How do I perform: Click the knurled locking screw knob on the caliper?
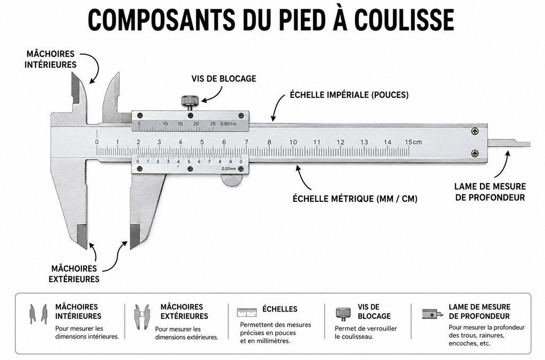(x=189, y=101)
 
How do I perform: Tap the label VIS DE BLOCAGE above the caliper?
(x=224, y=79)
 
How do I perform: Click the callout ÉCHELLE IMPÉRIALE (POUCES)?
(x=349, y=95)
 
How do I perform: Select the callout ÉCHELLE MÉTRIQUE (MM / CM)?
(x=355, y=199)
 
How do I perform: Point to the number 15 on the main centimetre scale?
(x=408, y=142)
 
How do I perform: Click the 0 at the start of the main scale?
(x=97, y=142)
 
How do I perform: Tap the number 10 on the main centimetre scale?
(x=293, y=142)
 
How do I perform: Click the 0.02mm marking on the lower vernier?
(x=229, y=169)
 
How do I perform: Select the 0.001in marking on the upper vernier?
(x=228, y=124)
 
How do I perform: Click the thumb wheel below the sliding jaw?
(x=232, y=179)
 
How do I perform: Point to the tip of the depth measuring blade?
(x=530, y=144)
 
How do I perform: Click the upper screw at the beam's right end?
(x=475, y=131)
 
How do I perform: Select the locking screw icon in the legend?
(x=343, y=314)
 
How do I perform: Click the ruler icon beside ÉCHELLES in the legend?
(x=247, y=312)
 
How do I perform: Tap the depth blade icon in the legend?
(x=432, y=314)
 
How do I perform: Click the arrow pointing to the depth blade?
(x=502, y=166)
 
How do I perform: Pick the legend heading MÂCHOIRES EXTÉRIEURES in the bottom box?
(x=184, y=312)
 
